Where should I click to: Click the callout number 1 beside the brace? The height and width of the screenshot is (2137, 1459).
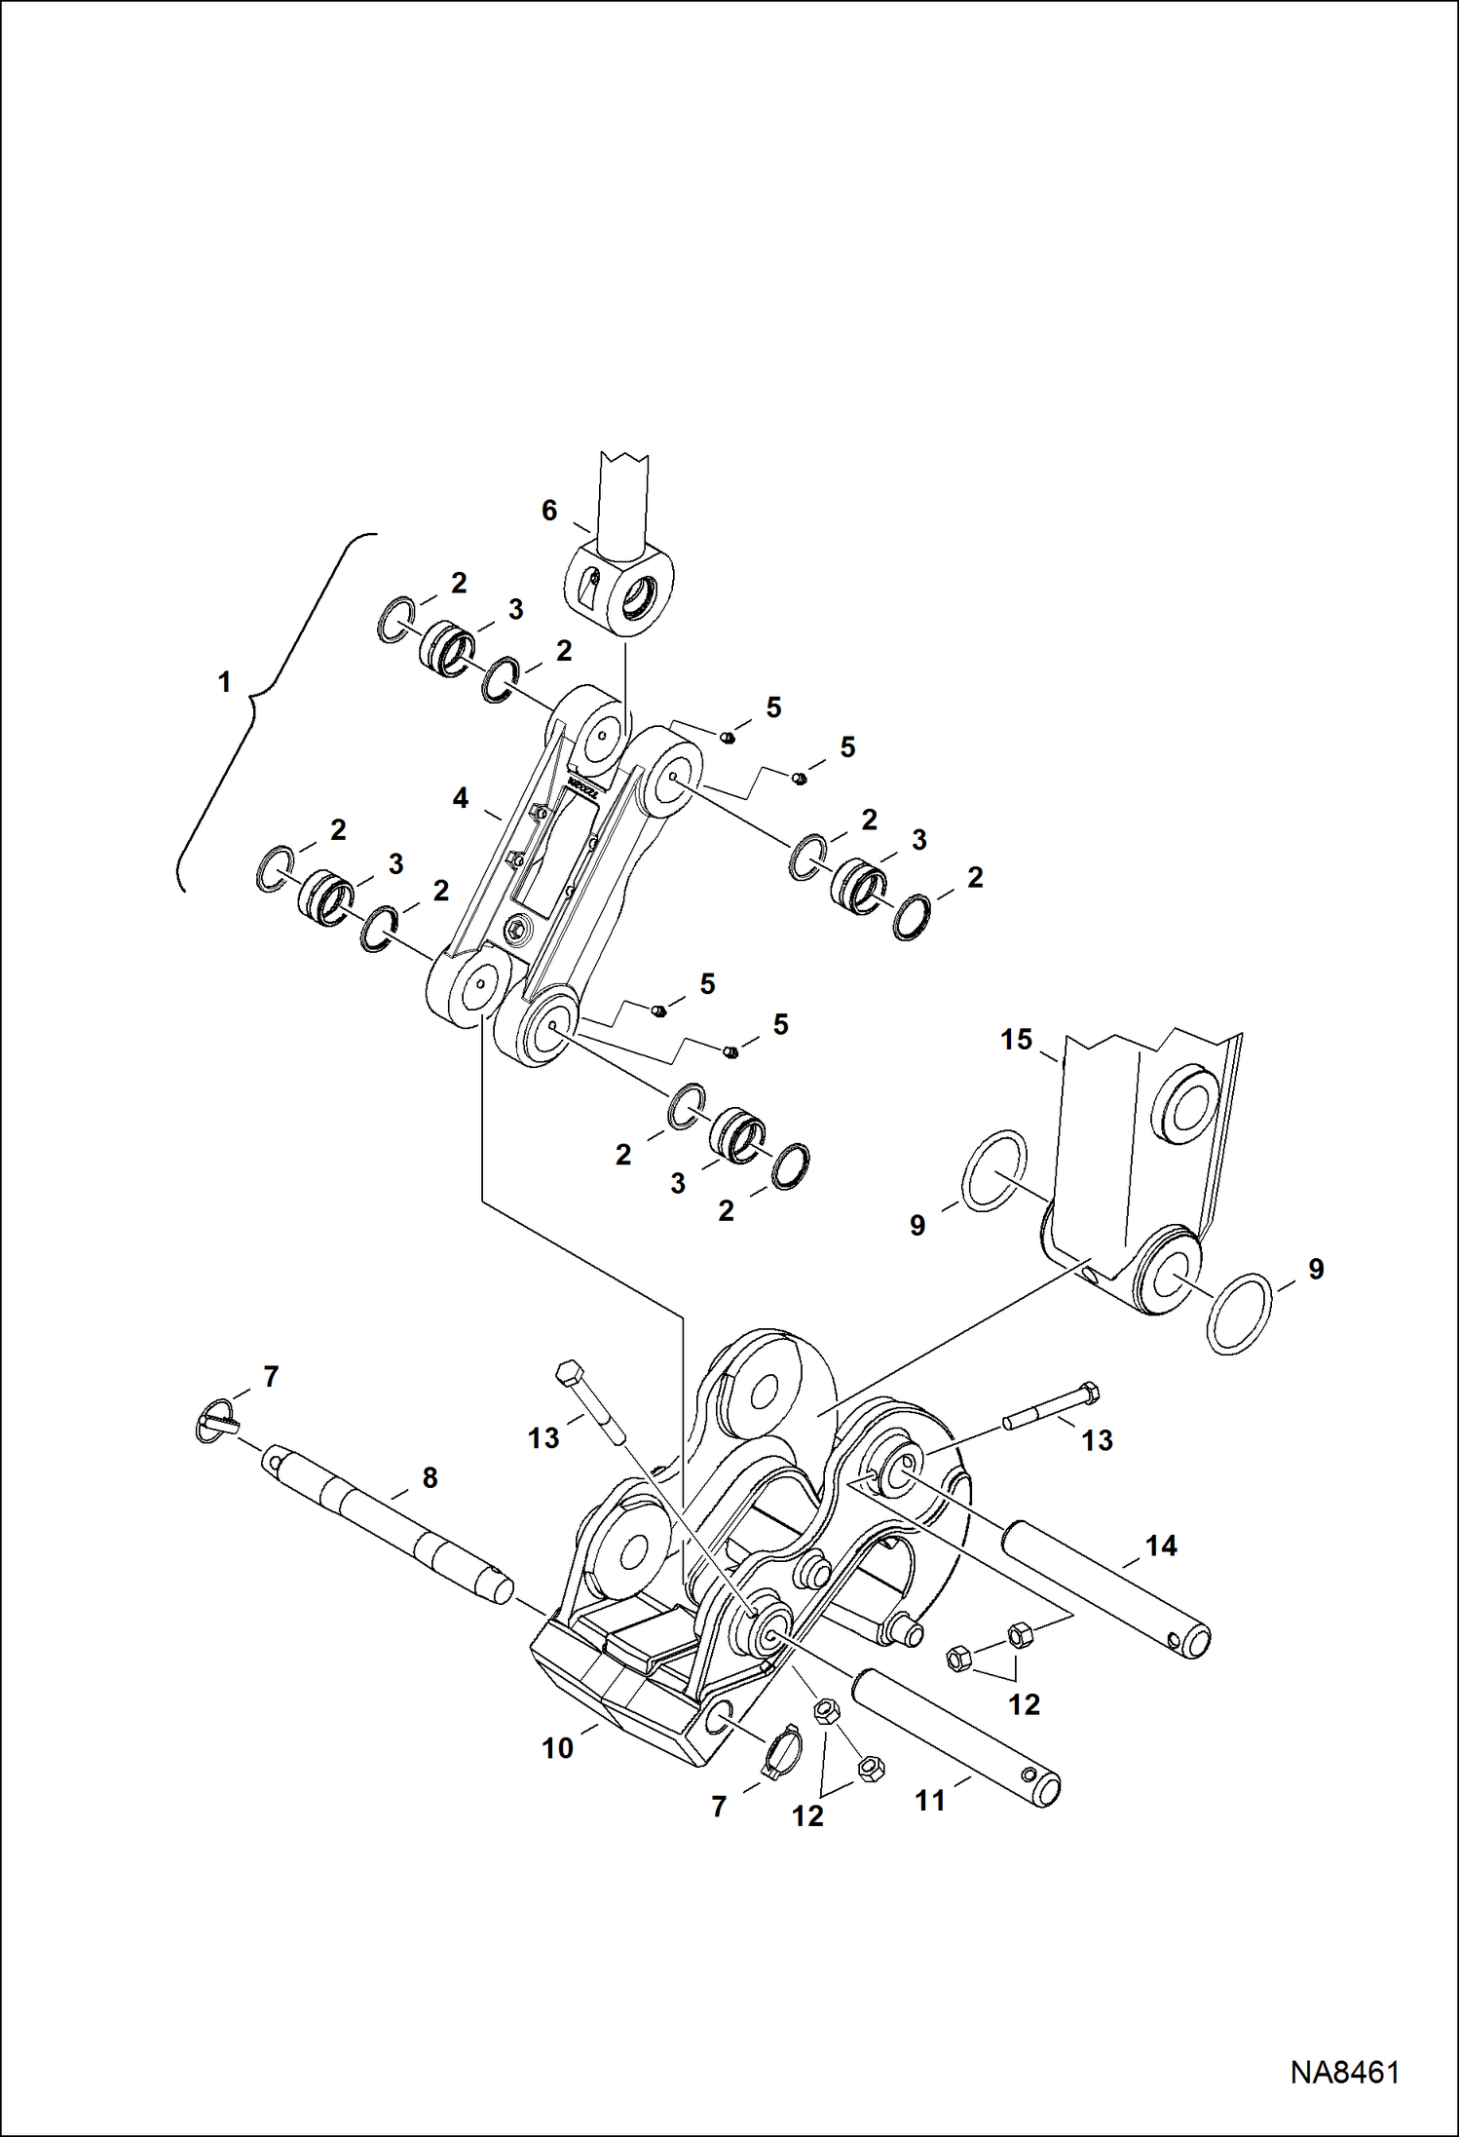point(224,681)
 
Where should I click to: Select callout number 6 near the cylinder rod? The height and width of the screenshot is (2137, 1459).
point(549,510)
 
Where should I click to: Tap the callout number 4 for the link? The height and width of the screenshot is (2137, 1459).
point(461,798)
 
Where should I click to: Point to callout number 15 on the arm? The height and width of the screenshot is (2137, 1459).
point(1016,1040)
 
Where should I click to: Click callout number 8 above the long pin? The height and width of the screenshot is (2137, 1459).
point(430,1477)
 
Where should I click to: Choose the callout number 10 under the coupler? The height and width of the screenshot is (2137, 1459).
point(558,1748)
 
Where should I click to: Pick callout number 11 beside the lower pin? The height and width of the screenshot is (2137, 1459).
point(930,1800)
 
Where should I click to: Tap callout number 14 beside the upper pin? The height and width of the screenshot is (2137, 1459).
point(1161,1545)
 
